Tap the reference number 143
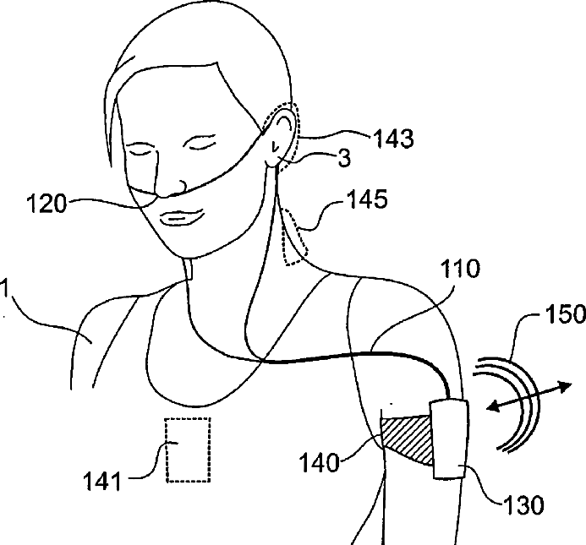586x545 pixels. click(391, 139)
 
